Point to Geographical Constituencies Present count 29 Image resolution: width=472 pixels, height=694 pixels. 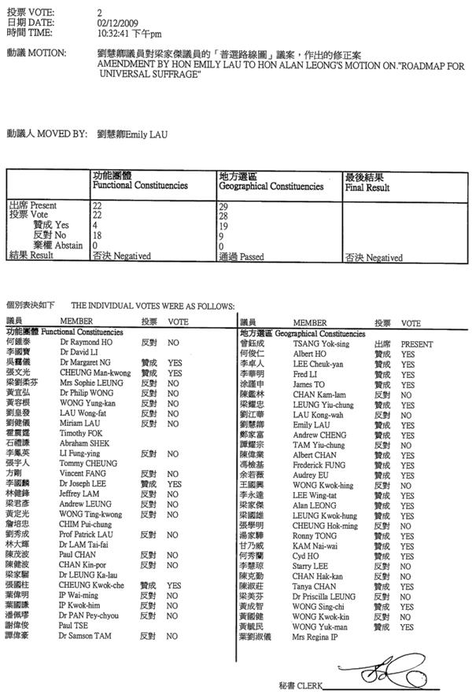[x=224, y=205]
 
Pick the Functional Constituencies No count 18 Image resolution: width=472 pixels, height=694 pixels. [x=98, y=234]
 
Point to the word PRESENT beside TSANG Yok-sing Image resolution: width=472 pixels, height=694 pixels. [x=417, y=343]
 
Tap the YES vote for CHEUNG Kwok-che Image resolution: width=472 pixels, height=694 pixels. [x=174, y=585]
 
